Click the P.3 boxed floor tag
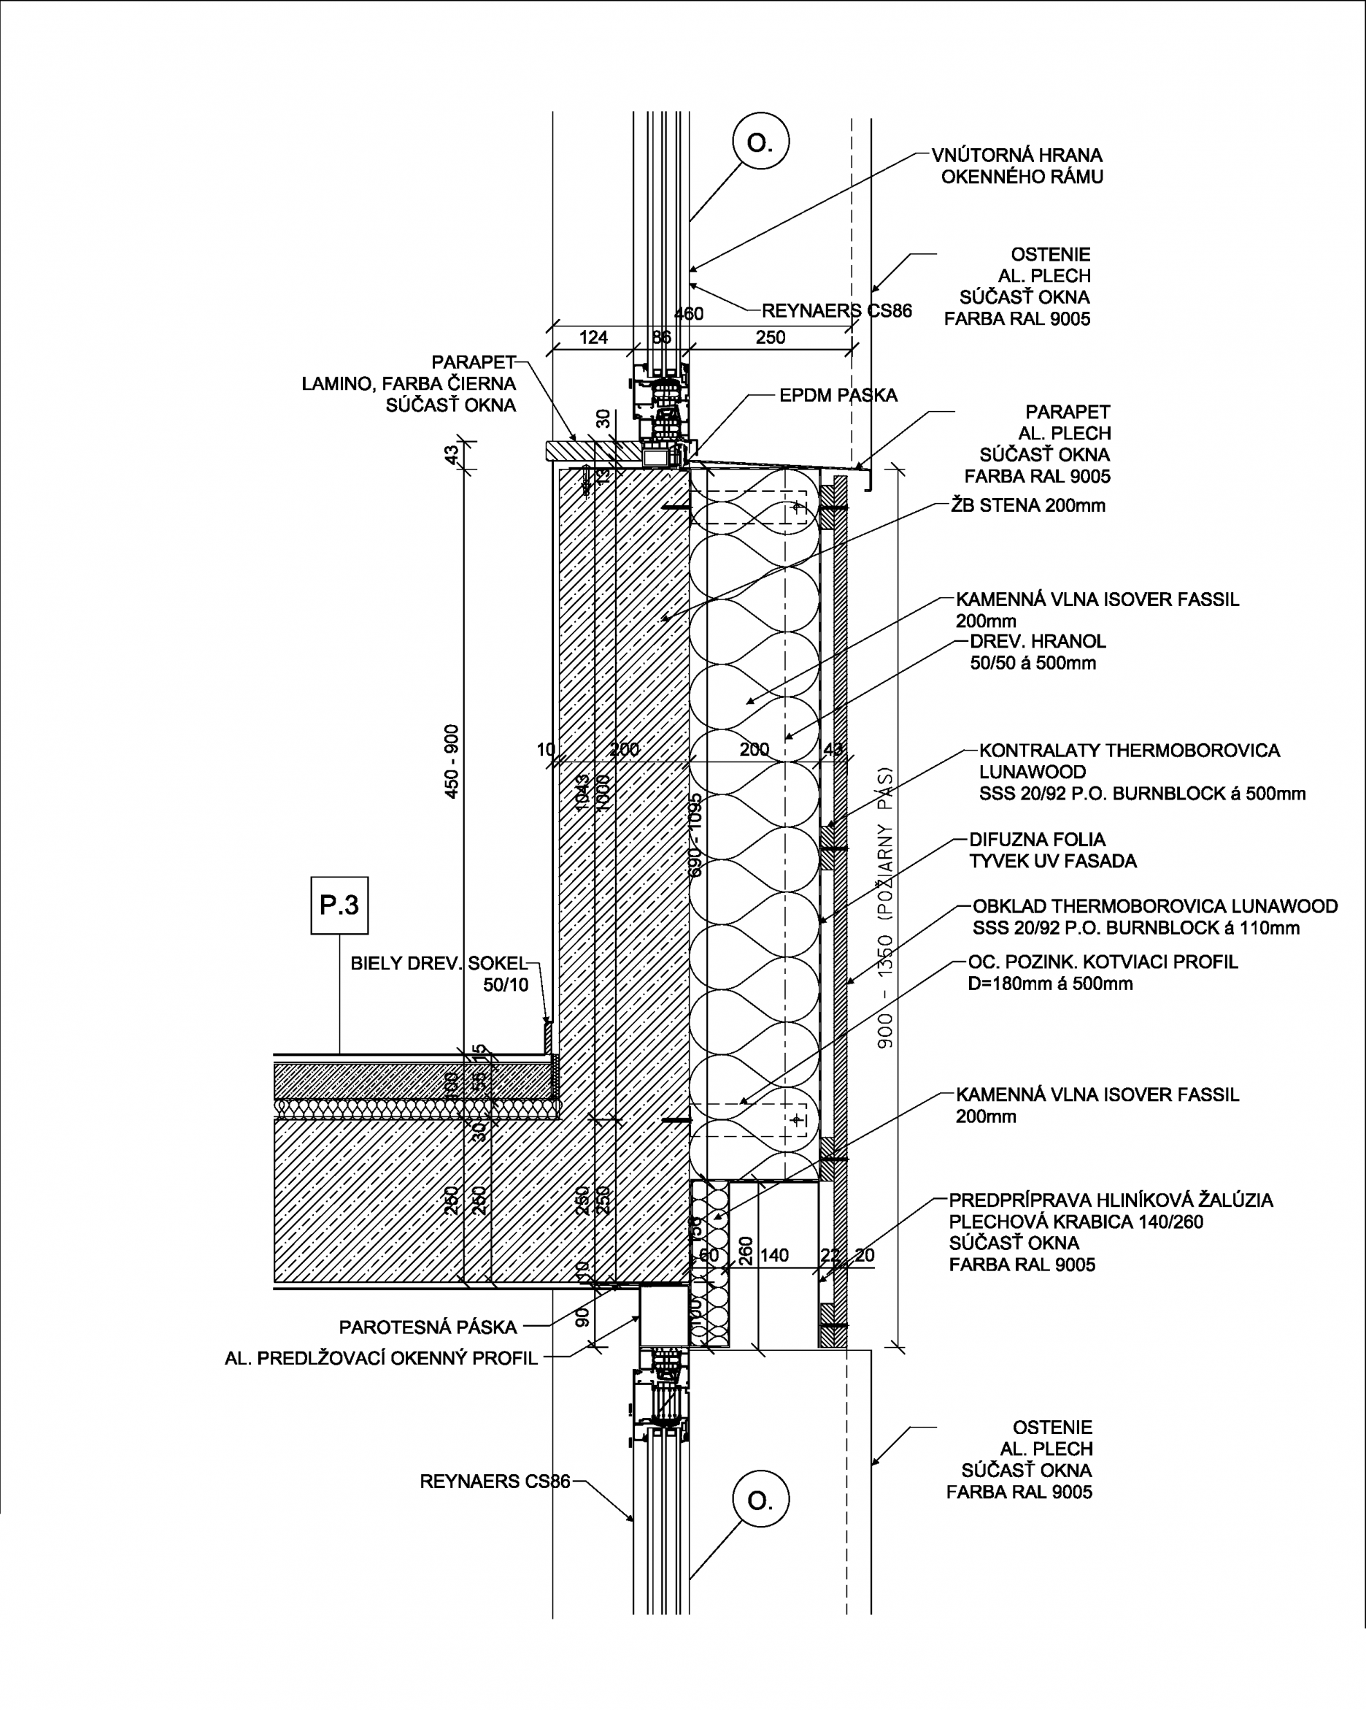tap(339, 905)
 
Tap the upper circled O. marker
tap(760, 143)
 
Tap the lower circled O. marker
tap(760, 1500)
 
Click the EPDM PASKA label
tap(838, 395)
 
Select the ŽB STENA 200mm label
tap(1028, 505)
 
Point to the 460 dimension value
tap(688, 314)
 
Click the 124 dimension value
tap(593, 338)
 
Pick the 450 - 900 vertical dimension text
tap(451, 762)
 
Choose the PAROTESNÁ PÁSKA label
tap(428, 1327)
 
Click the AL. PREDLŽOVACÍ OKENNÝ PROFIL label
tap(382, 1358)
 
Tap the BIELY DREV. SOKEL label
tap(439, 964)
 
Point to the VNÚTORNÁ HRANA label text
tap(1017, 155)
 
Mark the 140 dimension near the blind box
tap(774, 1254)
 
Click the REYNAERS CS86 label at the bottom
tap(495, 1481)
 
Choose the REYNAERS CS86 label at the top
tap(836, 311)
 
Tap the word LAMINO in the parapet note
tap(336, 384)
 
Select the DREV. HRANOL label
tap(1038, 641)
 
